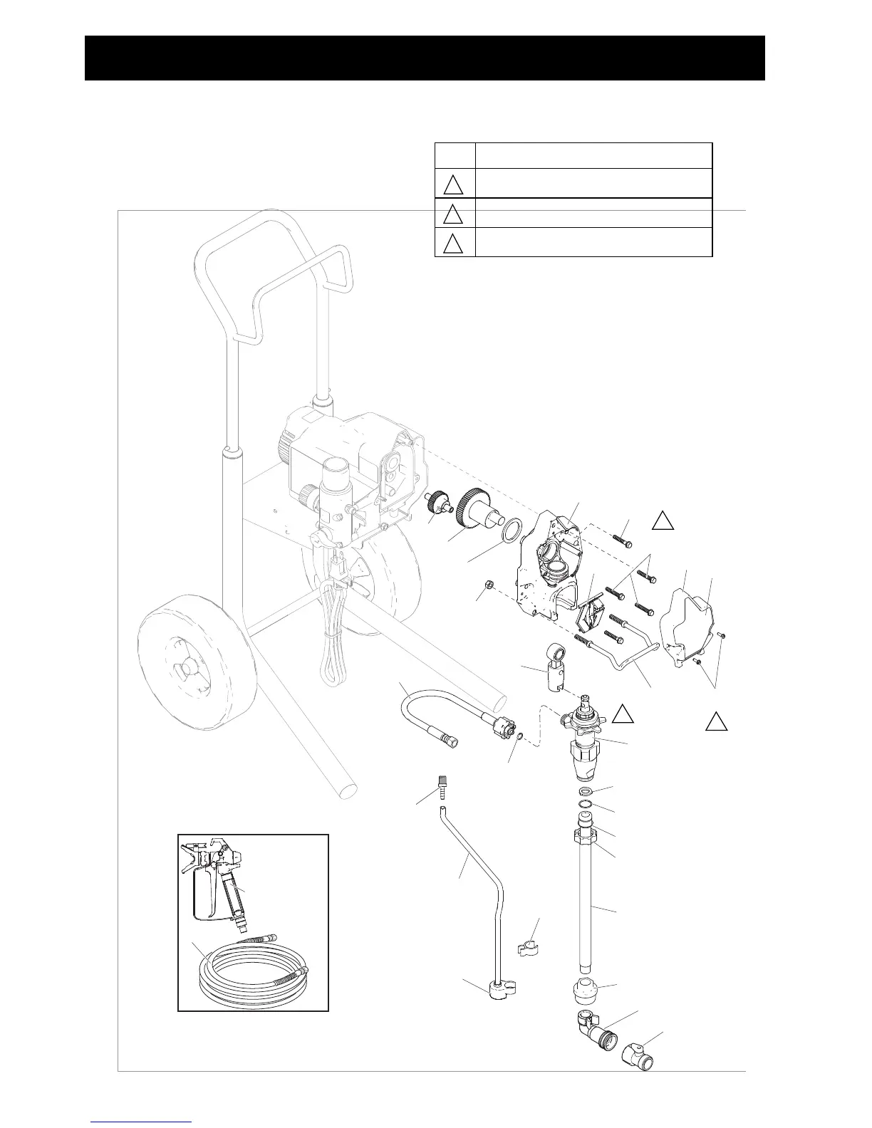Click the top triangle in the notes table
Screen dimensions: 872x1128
453,184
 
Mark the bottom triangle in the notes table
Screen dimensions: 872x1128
453,244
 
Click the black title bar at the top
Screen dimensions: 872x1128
425,58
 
